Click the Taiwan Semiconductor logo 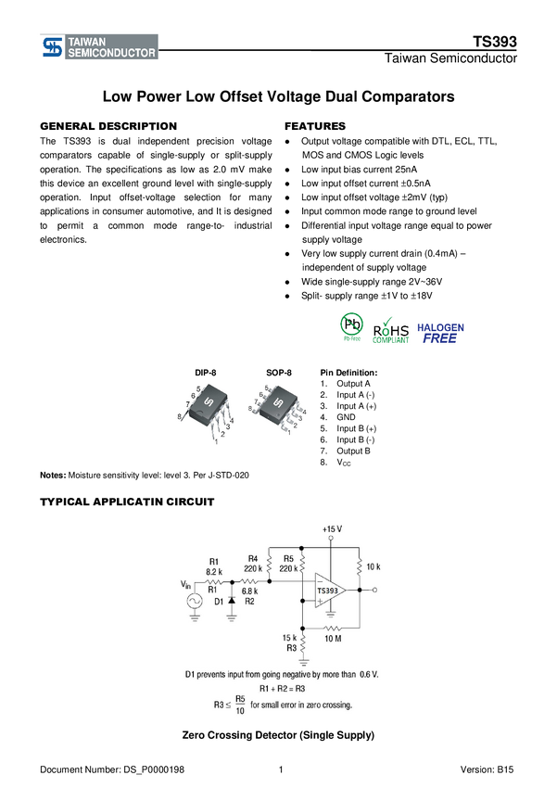coord(98,47)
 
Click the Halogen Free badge coord(440,333)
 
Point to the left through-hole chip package coord(205,413)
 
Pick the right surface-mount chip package coord(277,409)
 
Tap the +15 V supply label coord(332,528)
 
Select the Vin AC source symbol coord(196,601)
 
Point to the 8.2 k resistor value coord(214,571)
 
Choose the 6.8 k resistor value coord(249,591)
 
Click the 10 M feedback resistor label coord(333,639)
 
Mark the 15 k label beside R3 coord(289,638)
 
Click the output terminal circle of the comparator coord(375,590)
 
